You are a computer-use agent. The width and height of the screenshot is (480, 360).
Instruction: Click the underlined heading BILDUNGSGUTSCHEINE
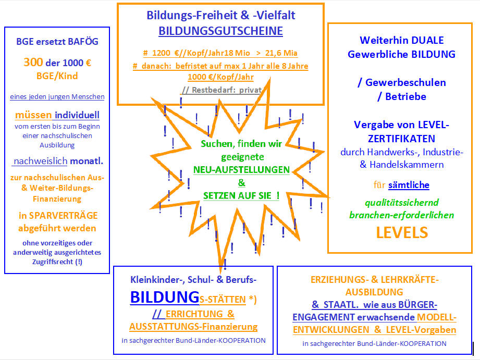220,31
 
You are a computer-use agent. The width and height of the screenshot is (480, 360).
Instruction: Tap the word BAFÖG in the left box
83,42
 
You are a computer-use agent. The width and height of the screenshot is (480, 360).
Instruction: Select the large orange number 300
33,63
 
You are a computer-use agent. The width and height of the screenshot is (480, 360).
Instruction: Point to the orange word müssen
33,115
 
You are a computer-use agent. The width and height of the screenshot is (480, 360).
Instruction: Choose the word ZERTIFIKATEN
401,139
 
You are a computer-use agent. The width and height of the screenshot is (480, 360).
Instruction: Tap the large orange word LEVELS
402,232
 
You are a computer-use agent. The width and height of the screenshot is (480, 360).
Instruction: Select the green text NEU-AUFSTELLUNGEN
241,170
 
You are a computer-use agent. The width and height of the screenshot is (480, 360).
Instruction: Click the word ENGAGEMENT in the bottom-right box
324,317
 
